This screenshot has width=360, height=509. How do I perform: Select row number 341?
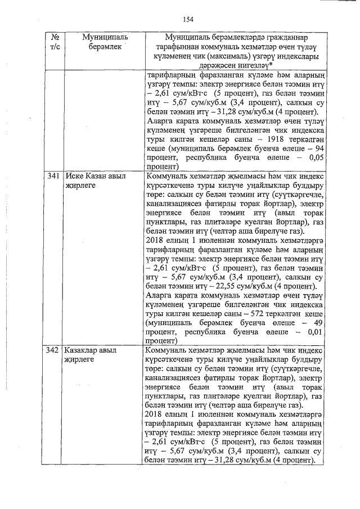[x=52, y=176]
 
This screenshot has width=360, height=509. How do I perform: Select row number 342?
[x=52, y=350]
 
